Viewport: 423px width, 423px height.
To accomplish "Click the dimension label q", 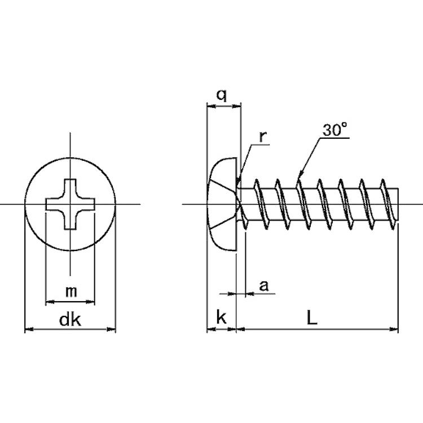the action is point(222,95).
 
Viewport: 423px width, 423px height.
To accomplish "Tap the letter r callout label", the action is point(262,136).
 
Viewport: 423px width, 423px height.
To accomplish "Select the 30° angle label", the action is point(335,130).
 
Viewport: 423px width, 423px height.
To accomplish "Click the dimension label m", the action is point(71,292).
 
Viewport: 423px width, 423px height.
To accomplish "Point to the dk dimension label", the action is point(70,320).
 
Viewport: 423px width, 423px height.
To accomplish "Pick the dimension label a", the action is point(264,286).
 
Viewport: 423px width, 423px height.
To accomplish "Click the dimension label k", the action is point(221,317).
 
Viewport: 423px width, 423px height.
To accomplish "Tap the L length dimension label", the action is point(312,317).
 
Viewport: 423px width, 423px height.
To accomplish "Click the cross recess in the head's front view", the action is point(70,204).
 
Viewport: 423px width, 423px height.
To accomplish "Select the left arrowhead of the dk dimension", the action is point(29,329).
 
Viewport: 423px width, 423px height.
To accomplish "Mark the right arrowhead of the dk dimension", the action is point(112,329).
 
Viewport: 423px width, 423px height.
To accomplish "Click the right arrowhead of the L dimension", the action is point(394,329).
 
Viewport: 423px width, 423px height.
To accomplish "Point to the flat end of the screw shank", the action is point(398,204).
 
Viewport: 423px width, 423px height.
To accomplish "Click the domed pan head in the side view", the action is point(222,204).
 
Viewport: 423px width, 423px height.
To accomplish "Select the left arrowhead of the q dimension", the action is point(211,107).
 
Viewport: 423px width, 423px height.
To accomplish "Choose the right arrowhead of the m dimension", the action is point(90,302).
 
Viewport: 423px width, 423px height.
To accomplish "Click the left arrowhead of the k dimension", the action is point(211,329).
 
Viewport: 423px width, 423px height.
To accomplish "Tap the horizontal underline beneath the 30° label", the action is point(334,138).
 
